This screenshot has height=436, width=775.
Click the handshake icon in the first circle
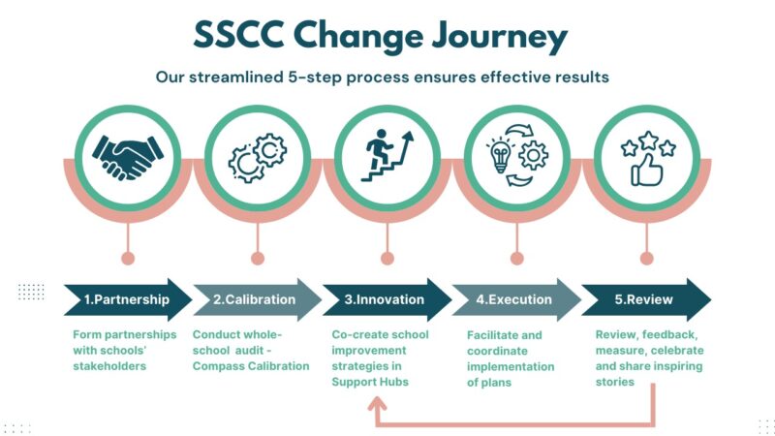coord(128,158)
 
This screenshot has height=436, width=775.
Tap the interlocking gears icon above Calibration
coord(258,158)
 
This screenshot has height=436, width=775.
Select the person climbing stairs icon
coord(387,155)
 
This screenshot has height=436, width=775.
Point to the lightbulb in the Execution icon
coord(500,155)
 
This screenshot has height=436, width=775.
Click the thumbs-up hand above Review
coord(646,170)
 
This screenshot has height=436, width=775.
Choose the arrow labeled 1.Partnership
coord(128,299)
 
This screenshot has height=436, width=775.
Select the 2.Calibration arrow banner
coord(258,299)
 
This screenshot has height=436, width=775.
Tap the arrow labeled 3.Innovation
coord(387,299)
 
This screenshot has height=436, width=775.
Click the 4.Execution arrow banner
coord(517,299)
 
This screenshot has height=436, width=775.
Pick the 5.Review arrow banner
coord(646,299)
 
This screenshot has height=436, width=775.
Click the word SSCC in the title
coord(238,35)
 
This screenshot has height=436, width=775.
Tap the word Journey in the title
coord(500,38)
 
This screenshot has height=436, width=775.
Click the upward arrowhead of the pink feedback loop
coord(377,403)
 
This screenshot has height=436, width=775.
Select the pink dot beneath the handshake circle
coord(128,258)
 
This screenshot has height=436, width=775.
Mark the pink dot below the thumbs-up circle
coord(646,258)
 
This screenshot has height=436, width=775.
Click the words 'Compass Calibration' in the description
coord(251,366)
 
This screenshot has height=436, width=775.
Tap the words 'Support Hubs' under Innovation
coord(370,382)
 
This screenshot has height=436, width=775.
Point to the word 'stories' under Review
coord(615,382)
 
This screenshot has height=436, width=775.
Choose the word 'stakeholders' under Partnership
coord(109,366)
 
